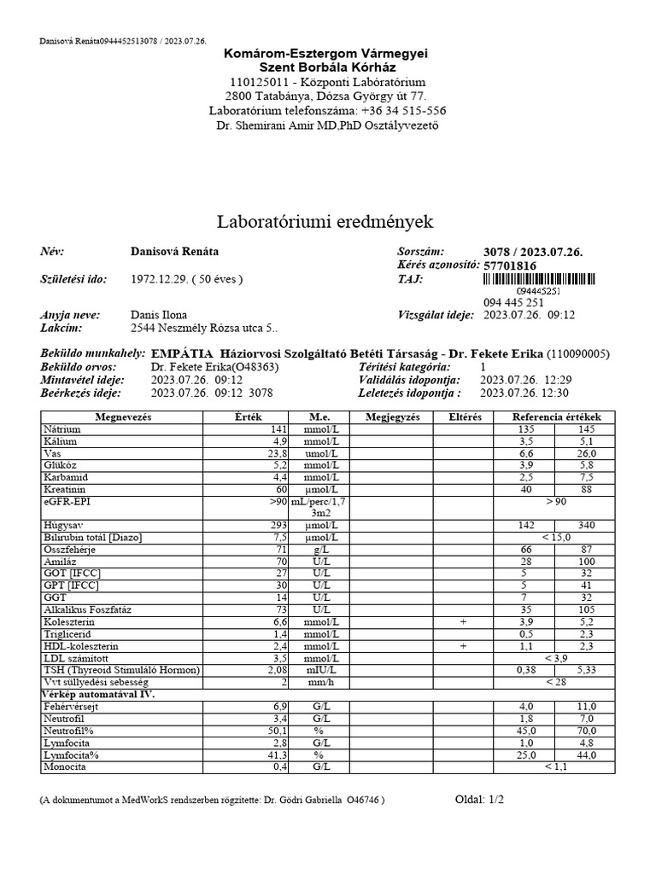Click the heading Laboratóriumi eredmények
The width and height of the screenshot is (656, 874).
tap(325, 222)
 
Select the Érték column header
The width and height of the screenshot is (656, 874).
tap(245, 417)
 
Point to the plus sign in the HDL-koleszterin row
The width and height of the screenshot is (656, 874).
tap(463, 646)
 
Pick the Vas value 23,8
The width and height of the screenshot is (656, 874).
tap(277, 452)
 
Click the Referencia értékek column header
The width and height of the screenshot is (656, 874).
tap(555, 417)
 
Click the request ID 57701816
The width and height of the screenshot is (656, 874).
tap(510, 265)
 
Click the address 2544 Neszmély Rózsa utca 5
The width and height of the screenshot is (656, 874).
tap(202, 327)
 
